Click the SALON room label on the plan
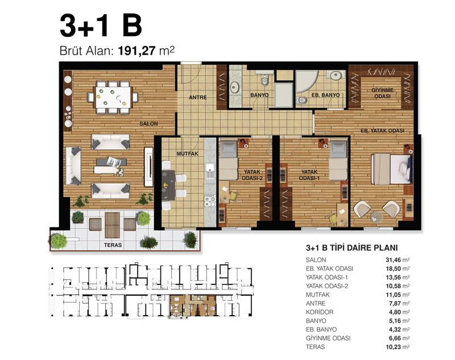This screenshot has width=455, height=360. (x=148, y=123)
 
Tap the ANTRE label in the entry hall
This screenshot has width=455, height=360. (x=198, y=97)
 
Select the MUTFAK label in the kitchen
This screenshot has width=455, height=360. (x=188, y=154)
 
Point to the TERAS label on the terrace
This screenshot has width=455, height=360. (x=113, y=245)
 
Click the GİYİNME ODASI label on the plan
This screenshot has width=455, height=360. (x=382, y=93)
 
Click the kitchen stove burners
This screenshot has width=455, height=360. (x=210, y=201)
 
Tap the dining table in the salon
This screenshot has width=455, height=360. (x=113, y=97)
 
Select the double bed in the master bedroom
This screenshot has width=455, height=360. (x=392, y=169)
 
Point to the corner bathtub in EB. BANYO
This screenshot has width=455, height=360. (x=307, y=81)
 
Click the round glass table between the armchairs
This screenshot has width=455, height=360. (x=377, y=217)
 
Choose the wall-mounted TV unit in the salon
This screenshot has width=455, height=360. (x=149, y=167)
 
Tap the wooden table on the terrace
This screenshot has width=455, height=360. (x=112, y=225)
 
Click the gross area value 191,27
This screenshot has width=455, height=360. (x=137, y=51)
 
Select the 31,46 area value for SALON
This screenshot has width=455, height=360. (x=393, y=260)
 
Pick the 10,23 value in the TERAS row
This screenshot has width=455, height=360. (x=393, y=347)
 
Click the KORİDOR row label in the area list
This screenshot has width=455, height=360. (x=320, y=312)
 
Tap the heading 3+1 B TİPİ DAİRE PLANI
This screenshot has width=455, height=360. (x=351, y=248)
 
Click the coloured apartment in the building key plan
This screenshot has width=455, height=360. (x=193, y=307)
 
